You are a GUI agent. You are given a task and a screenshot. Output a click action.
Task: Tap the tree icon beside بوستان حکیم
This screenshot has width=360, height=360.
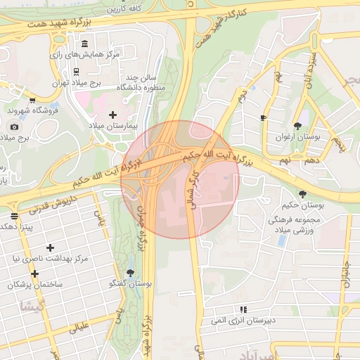click(303, 194)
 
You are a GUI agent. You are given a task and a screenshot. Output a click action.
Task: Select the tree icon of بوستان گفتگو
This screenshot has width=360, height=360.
click(130, 273)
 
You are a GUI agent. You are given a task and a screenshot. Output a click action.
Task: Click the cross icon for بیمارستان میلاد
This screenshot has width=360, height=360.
click(112, 114)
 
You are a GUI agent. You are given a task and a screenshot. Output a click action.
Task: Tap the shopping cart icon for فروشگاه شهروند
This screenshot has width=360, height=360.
click(32, 100)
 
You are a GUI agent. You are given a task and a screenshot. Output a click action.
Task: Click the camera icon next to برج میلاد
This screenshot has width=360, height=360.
click(14, 127)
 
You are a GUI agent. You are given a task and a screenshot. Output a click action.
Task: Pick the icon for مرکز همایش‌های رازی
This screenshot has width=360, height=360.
click(85, 44)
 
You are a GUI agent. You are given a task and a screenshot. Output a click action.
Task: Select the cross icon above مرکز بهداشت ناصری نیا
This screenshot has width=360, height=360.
click(49, 247)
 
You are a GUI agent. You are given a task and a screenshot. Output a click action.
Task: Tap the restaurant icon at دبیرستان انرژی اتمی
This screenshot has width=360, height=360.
click(243, 309)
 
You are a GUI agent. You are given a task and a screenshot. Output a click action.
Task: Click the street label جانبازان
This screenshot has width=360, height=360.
click(346, 274)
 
